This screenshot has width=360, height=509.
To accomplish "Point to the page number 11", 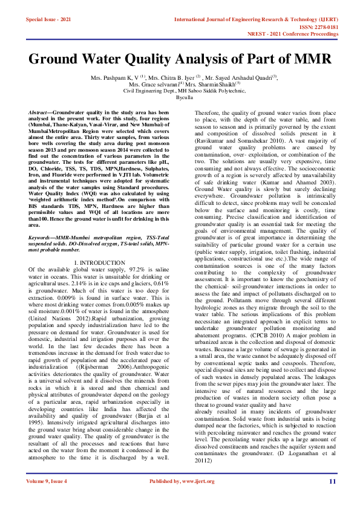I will (x=332, y=481).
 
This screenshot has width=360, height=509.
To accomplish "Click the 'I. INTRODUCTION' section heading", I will (x=102, y=279).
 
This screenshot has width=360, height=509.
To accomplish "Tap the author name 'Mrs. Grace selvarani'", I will (x=151, y=85).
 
